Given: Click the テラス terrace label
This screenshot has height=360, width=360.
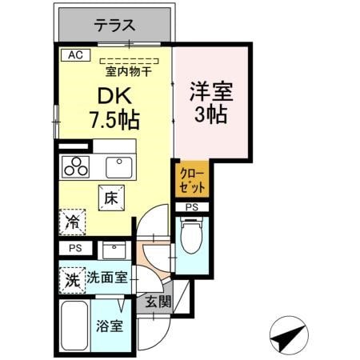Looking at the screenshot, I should (115, 25).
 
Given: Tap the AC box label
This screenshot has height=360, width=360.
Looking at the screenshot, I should (75, 55).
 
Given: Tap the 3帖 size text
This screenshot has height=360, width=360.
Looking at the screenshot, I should (210, 114).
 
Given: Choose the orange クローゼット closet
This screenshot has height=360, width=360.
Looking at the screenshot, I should (191, 180).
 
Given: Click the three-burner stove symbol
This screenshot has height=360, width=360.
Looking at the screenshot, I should (77, 167).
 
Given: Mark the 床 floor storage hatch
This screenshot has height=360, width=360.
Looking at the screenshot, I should (111, 197).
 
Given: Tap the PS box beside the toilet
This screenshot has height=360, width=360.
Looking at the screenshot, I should (192, 207).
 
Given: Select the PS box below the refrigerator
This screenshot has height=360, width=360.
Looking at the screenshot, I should (74, 248).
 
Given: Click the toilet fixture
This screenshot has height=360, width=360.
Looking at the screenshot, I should (190, 236).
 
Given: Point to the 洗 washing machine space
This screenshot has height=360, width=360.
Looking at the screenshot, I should (71, 280).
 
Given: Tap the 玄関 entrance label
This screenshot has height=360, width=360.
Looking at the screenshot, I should (158, 302).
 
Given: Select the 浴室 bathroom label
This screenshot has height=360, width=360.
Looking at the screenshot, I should (110, 327).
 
